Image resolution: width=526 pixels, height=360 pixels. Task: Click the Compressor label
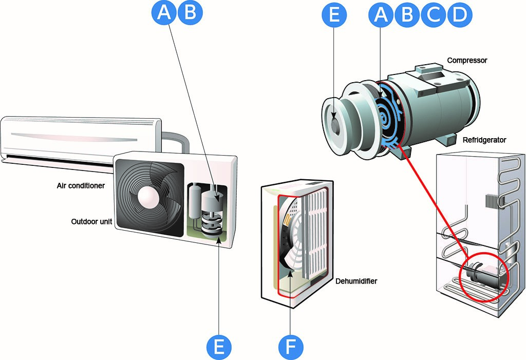[467, 61]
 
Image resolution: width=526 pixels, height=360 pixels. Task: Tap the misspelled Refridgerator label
[484, 140]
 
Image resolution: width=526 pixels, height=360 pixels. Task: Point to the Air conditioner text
[81, 185]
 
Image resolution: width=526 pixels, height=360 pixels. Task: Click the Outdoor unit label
[91, 221]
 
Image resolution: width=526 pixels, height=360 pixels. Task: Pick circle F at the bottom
[291, 347]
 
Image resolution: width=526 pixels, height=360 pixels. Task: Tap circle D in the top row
[460, 14]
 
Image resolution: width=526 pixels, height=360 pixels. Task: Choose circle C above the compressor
[434, 14]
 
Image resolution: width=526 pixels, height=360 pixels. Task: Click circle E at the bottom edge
[219, 347]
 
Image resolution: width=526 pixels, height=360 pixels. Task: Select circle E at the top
[334, 14]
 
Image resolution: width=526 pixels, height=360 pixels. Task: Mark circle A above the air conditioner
[164, 12]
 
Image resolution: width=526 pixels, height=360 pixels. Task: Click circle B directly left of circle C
[407, 14]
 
